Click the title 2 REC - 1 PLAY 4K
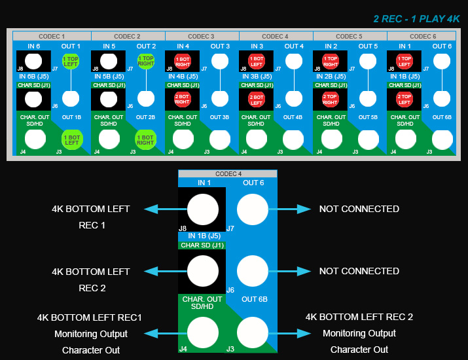tap(416, 19)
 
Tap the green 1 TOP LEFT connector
tap(71, 62)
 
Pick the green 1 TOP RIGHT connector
tap(145, 62)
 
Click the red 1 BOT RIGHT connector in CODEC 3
tap(182, 62)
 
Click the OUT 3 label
tap(220, 46)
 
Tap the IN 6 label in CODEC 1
tap(33, 46)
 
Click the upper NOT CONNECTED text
tap(359, 209)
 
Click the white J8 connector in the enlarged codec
tap(203, 210)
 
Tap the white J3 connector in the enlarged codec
tap(253, 333)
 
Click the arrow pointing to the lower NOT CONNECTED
tap(289, 271)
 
